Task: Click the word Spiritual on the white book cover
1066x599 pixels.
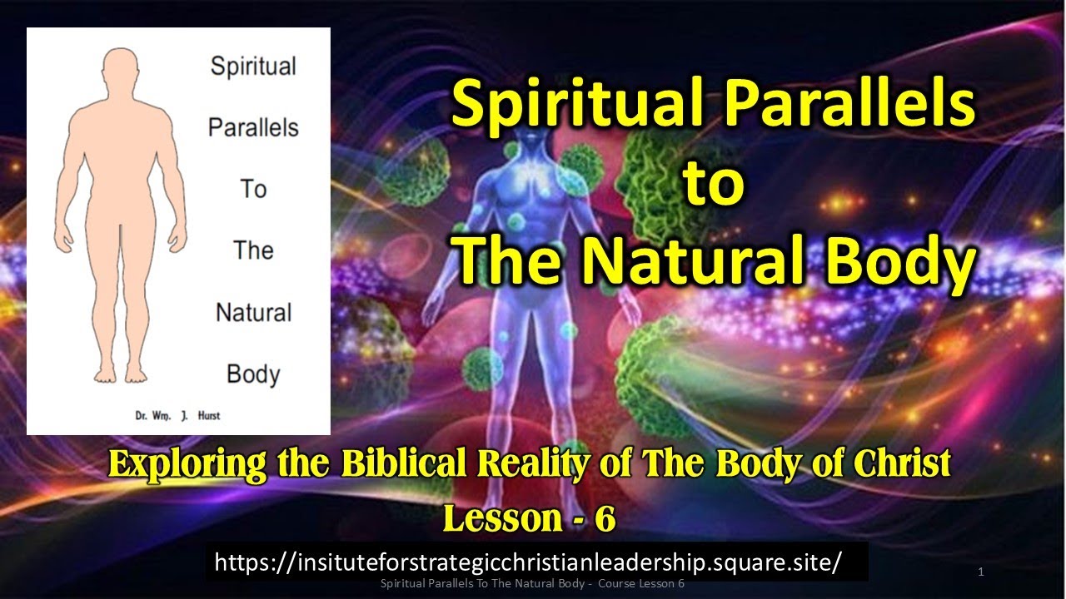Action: (x=253, y=67)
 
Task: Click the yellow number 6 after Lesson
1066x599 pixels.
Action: (x=605, y=519)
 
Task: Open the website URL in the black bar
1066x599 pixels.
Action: (x=529, y=562)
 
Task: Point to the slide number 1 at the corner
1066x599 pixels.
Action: (x=981, y=572)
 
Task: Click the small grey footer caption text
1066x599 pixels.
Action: (x=532, y=584)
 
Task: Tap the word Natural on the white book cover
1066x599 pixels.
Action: (x=253, y=313)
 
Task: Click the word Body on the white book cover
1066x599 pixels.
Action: (x=253, y=374)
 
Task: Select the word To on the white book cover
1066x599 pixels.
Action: (x=253, y=189)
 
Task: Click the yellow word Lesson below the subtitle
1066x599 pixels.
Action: (x=503, y=519)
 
